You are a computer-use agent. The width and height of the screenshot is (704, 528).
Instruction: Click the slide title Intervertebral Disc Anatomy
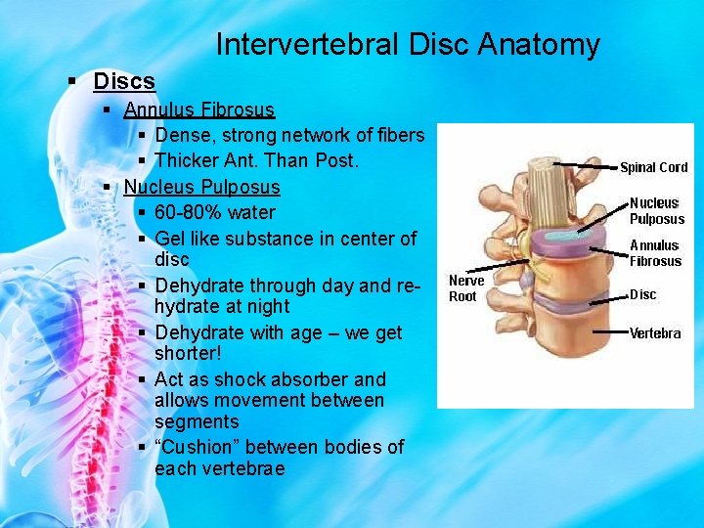point(407,45)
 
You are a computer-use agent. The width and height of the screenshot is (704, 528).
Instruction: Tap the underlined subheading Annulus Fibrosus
point(198,110)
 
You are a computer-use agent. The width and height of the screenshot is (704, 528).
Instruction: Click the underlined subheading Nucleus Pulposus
point(201,187)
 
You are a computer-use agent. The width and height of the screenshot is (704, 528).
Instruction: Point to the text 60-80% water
point(215,212)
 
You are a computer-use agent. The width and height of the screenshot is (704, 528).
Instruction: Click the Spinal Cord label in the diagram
point(653,167)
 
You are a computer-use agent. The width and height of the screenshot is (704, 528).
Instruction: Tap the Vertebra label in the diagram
point(655,333)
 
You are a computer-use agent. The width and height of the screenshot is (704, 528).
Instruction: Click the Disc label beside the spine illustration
point(642,294)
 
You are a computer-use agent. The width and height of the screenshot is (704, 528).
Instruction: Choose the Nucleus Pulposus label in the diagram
point(656,211)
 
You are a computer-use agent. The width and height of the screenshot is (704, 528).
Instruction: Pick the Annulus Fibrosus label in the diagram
point(655,253)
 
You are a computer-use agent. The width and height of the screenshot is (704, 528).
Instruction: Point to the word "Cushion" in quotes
point(198,447)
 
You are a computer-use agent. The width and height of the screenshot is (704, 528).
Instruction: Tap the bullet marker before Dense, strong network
point(143,136)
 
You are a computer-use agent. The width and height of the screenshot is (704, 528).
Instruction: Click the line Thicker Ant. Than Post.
point(257,160)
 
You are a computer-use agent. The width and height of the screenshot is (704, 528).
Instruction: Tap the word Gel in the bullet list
point(170,239)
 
